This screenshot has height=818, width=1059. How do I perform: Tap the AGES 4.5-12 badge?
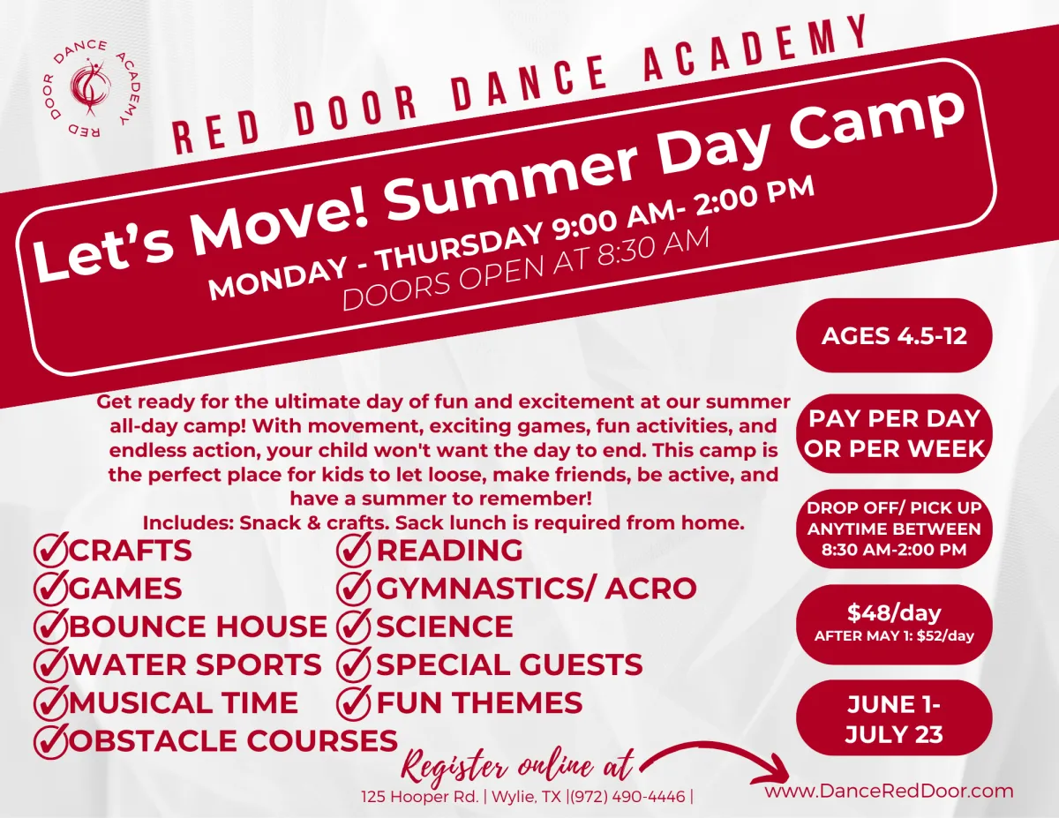(894, 335)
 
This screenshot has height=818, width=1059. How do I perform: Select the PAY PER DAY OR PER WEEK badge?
(894, 433)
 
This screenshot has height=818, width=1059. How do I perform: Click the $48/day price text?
(894, 612)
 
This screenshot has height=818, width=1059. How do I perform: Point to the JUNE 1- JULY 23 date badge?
(894, 719)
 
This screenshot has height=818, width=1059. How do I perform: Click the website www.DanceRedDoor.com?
(889, 791)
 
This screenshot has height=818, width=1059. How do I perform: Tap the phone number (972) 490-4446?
(627, 797)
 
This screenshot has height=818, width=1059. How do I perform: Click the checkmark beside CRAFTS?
(50, 549)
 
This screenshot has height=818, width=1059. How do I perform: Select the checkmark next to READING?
(354, 549)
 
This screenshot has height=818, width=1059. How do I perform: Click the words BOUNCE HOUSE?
(198, 626)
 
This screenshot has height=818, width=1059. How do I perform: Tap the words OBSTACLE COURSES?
(234, 740)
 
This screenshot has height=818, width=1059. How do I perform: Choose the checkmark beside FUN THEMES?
(354, 702)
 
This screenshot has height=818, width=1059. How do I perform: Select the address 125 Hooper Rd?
(420, 797)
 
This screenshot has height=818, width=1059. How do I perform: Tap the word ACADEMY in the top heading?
(755, 48)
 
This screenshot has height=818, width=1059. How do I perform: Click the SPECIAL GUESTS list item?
(509, 664)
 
